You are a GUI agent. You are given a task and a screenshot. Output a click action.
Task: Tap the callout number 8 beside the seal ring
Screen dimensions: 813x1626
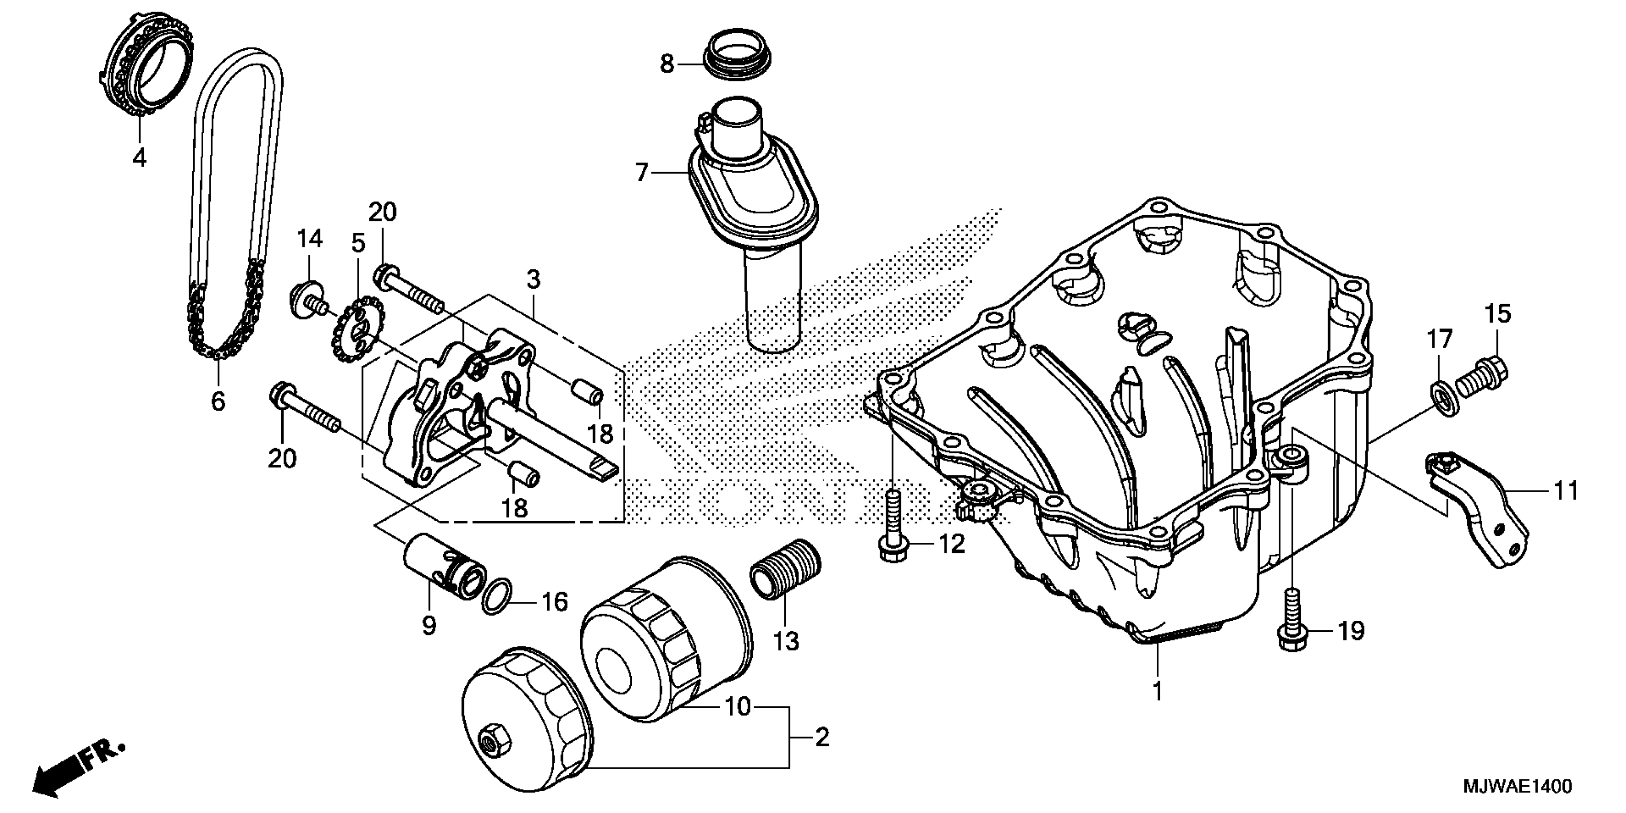click(x=667, y=64)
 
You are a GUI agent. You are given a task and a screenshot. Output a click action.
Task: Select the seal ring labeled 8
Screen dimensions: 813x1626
click(x=738, y=61)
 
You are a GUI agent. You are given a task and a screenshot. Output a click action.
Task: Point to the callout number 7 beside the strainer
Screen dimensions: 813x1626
click(x=642, y=172)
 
